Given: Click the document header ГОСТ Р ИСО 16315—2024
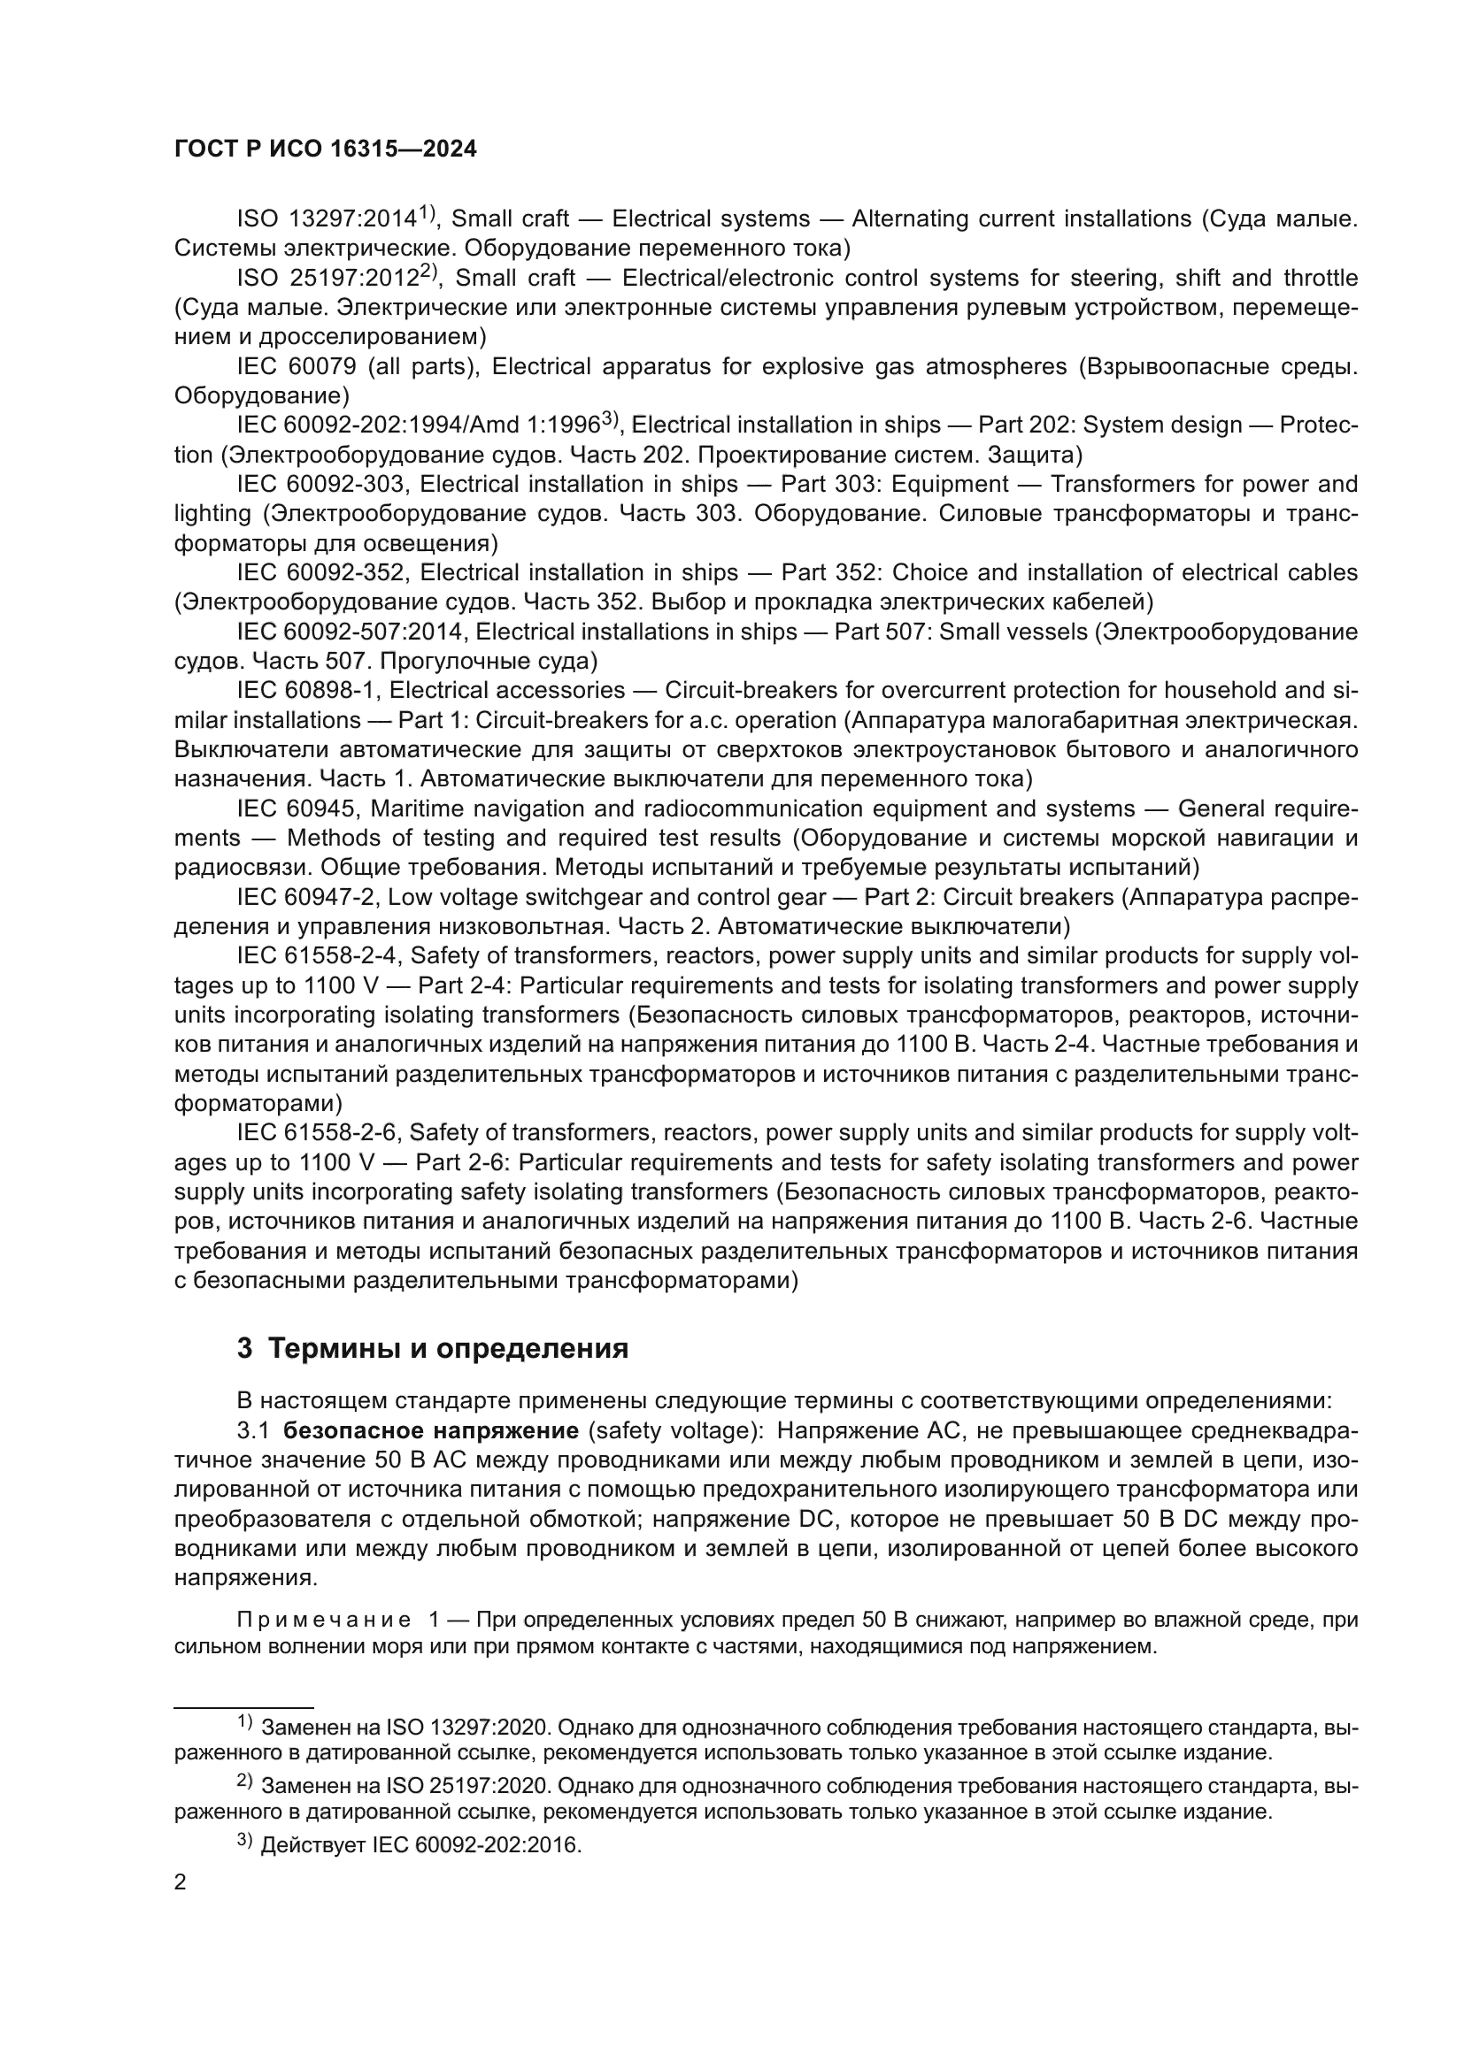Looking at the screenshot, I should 326,149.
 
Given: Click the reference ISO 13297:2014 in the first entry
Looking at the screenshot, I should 327,219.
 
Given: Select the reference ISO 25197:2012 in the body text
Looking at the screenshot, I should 327,279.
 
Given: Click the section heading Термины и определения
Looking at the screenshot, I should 448,1349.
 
